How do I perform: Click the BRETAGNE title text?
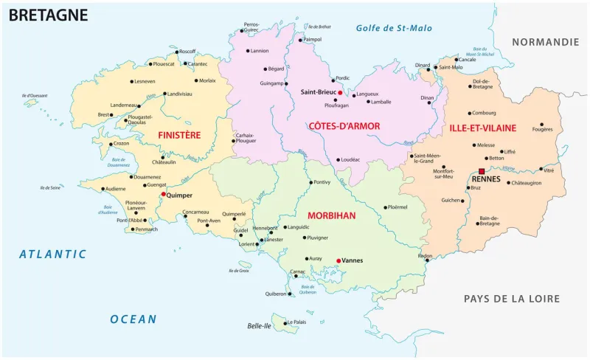(48, 15)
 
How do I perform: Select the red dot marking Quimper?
(164, 195)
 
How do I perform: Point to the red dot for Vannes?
(339, 260)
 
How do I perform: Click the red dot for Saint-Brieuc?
(340, 92)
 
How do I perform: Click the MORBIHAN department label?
(331, 215)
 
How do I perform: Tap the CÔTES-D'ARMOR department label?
(345, 126)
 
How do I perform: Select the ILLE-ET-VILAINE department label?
(482, 128)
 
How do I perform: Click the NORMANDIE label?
(546, 42)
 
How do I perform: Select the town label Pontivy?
(322, 181)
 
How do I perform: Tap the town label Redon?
(425, 255)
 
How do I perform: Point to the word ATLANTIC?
(53, 254)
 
